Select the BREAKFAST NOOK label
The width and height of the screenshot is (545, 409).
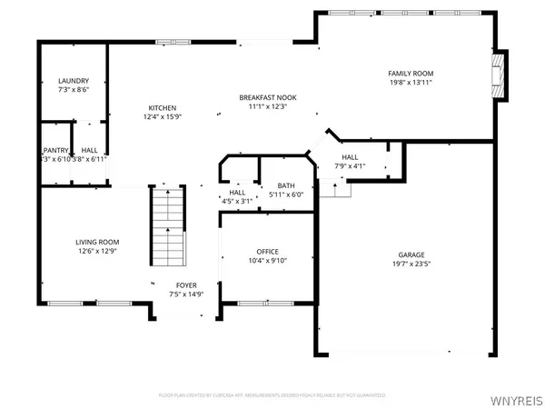(269, 97)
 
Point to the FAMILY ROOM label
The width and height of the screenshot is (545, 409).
(411, 73)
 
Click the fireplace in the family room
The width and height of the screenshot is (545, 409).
(497, 76)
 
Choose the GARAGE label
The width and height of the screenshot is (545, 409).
(411, 254)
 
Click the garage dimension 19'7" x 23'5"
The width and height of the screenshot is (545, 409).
(411, 264)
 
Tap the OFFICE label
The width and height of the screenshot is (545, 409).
(267, 252)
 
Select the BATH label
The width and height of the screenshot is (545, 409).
(286, 185)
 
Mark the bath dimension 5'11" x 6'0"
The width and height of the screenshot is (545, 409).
(286, 195)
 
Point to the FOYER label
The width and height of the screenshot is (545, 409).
(179, 284)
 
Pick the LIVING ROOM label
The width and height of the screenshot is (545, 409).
(96, 242)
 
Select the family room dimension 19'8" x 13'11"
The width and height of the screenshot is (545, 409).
(411, 83)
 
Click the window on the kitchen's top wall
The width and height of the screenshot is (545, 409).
(169, 41)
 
